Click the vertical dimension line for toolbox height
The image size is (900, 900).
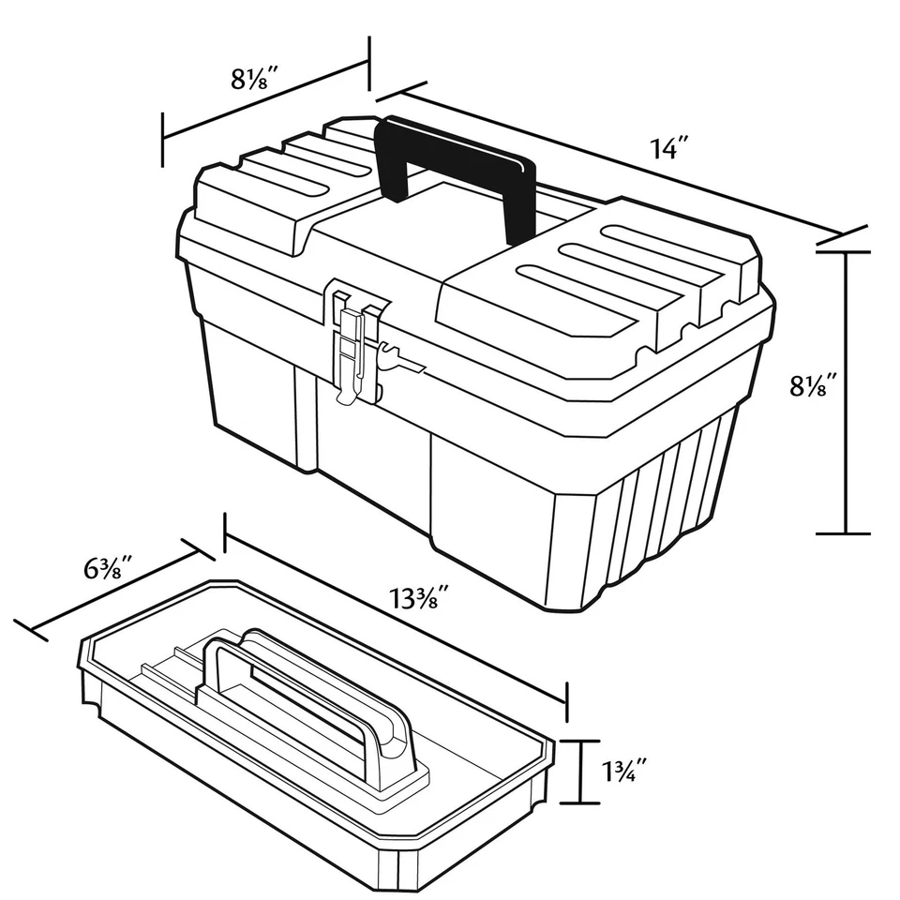pos(847,394)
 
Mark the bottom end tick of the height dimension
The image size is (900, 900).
pos(847,533)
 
